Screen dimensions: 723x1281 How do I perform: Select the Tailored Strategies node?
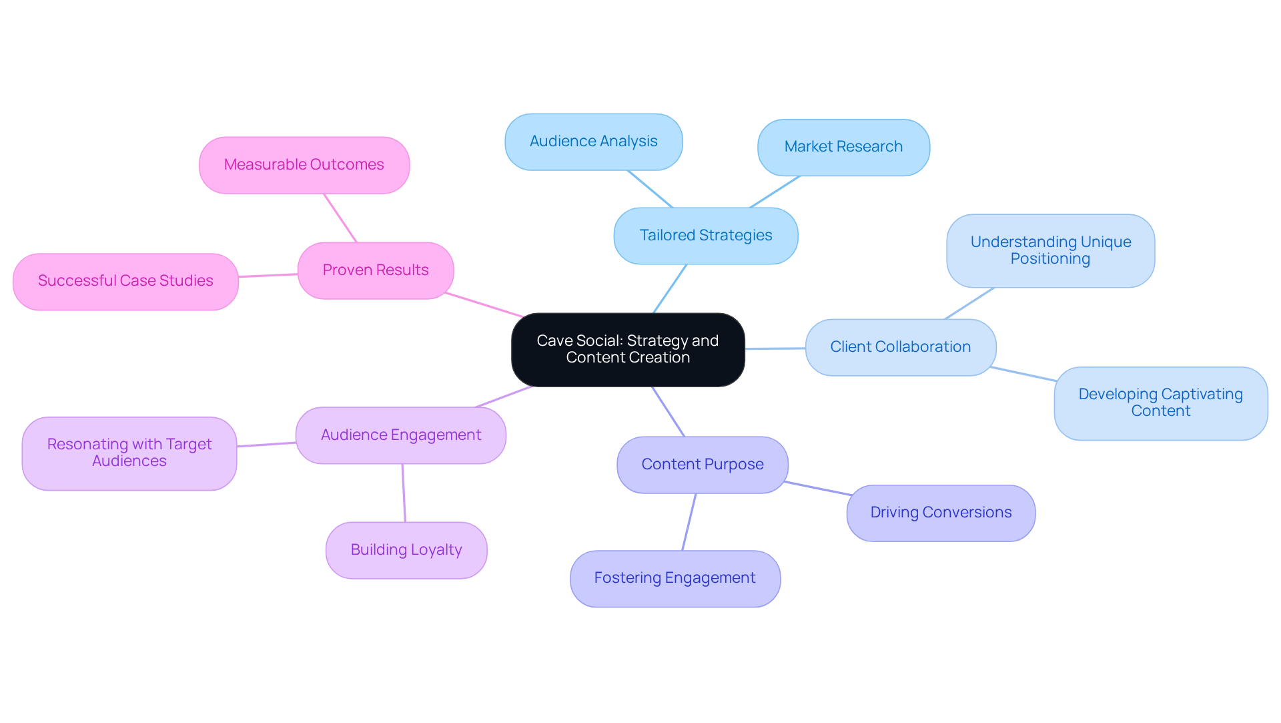705,236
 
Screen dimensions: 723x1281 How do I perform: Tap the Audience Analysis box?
593,142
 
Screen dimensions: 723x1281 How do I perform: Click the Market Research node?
843,147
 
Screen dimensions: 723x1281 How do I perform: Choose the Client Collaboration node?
900,347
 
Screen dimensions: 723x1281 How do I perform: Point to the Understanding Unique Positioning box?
1050,250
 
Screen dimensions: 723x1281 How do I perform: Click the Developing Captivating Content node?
1160,403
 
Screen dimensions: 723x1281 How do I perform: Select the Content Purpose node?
702,465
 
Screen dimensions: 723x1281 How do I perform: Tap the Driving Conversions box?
941,513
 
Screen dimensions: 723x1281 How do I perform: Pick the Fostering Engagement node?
675,578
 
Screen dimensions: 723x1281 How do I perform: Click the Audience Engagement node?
400,435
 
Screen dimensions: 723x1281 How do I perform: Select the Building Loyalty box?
406,550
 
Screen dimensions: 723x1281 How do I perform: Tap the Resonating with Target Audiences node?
129,453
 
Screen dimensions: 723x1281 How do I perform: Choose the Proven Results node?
375,270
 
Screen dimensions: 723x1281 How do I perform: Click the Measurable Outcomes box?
304,165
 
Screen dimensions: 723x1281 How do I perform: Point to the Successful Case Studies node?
125,281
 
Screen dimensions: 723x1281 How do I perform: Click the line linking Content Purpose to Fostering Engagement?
689,522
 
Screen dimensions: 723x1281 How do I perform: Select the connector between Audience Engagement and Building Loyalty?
404,493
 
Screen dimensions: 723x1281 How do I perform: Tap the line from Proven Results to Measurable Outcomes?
340,218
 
